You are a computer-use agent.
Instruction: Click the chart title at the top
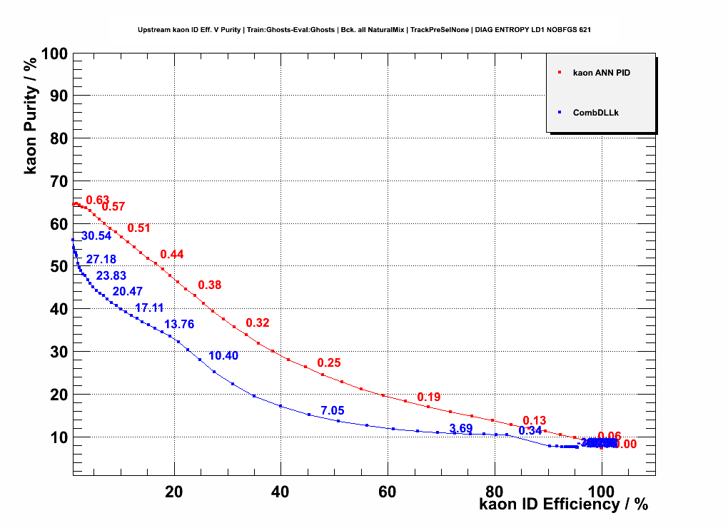click(364, 30)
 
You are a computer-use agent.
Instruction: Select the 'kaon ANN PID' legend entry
click(602, 73)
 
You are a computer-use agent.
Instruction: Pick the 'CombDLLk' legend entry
click(595, 112)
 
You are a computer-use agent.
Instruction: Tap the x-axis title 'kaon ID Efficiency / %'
click(564, 504)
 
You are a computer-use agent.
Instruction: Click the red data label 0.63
click(98, 200)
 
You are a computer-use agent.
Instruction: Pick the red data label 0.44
click(172, 255)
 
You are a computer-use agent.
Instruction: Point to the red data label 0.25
click(329, 362)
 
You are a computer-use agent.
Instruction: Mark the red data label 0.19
click(429, 397)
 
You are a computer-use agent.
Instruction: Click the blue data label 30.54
click(96, 236)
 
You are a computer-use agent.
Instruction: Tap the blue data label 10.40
click(223, 356)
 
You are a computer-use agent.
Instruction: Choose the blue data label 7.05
click(333, 410)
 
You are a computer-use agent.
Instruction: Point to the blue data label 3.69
click(461, 428)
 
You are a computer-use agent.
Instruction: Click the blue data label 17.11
click(150, 308)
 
